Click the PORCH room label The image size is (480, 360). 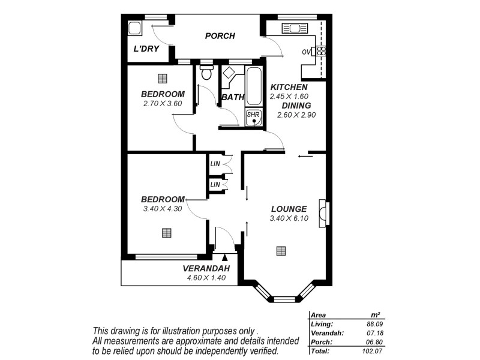220,36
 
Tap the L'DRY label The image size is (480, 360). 146,49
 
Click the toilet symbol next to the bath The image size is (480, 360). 206,73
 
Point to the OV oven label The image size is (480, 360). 306,52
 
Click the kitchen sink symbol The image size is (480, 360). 294,28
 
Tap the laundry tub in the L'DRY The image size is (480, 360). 135,28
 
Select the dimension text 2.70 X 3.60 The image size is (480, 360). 162,104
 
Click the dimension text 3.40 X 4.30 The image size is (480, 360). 162,209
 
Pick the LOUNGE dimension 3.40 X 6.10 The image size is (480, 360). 289,218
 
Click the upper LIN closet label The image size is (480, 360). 215,164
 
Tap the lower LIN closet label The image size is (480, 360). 215,184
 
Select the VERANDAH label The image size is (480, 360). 206,269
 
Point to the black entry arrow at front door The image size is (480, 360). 233,241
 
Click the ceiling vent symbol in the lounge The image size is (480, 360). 280,251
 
